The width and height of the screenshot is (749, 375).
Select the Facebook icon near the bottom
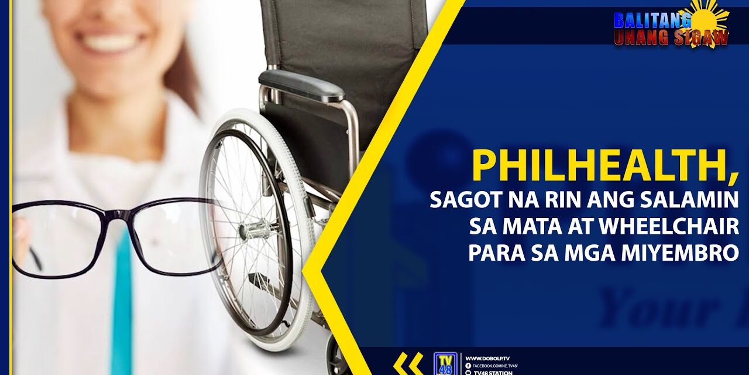[x=468, y=366]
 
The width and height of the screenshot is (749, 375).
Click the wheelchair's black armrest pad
[x=301, y=85]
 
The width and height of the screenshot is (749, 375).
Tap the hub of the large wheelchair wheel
[x=256, y=229]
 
